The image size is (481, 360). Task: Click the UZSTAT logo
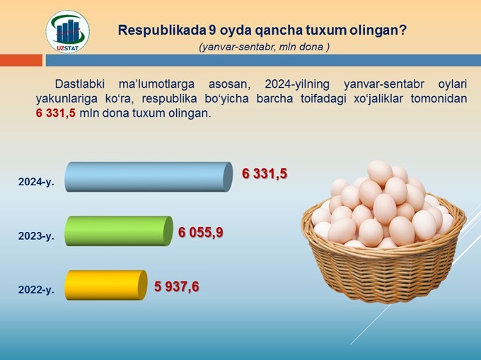67,32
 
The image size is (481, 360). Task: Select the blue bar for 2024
149,177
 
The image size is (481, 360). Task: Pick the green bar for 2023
119,231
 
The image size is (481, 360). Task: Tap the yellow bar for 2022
106,285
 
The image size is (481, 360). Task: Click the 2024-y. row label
36,182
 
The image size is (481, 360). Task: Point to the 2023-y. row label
36,236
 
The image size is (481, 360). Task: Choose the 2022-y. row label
36,289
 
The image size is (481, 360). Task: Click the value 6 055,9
201,233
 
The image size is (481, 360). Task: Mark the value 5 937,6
177,286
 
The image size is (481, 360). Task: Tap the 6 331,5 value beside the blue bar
265,173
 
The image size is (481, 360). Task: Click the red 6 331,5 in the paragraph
55,113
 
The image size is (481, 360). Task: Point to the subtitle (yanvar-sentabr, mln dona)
264,47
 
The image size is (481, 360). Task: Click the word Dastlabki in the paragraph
80,83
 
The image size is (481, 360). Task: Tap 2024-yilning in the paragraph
297,84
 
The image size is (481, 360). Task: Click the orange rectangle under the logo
21,60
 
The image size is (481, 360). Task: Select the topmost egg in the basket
380,173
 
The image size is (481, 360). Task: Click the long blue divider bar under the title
263,60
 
